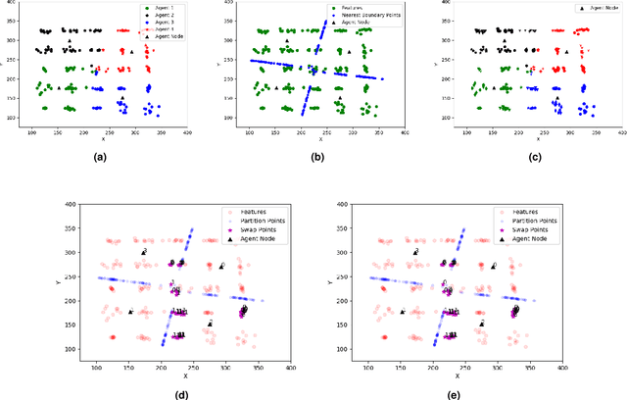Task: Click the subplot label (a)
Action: [x=100, y=157]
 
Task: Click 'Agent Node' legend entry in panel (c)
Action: [x=596, y=7]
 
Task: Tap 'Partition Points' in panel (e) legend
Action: [x=521, y=219]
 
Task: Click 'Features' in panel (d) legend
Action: [x=242, y=210]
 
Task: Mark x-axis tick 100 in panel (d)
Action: [x=97, y=364]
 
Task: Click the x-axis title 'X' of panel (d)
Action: [x=184, y=375]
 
